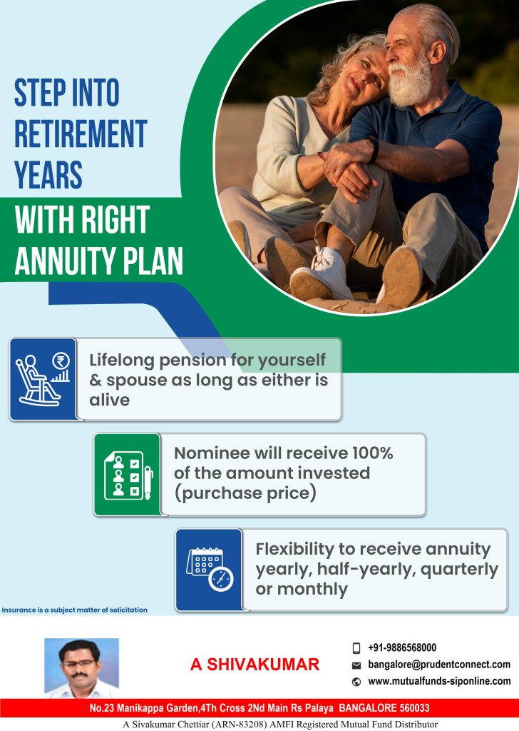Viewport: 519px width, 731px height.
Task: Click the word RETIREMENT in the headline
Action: tap(81, 133)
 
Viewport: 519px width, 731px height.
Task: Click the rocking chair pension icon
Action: tap(42, 379)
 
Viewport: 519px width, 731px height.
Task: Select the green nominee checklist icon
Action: tap(127, 474)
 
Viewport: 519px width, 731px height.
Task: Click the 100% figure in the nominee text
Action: tap(369, 453)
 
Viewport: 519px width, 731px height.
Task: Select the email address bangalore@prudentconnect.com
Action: tap(438, 665)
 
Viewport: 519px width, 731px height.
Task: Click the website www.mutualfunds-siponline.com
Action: tap(439, 681)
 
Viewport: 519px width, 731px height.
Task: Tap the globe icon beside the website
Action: tap(356, 682)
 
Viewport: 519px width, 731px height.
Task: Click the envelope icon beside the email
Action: tap(356, 665)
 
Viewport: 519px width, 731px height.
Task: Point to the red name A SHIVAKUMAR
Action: tap(255, 665)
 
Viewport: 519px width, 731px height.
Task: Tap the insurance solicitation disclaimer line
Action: tap(75, 610)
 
